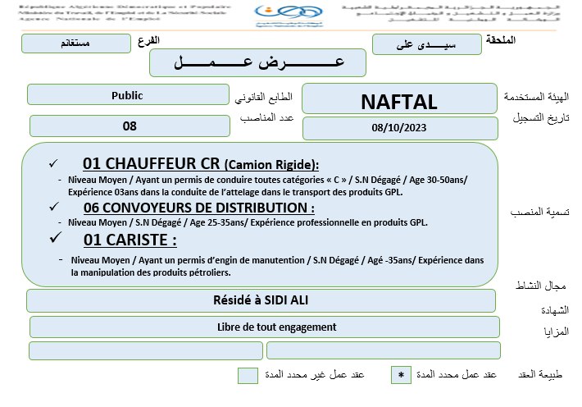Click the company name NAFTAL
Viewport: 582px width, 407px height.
click(399, 101)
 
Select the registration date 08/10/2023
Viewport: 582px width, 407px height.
click(399, 128)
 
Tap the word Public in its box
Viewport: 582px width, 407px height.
click(127, 95)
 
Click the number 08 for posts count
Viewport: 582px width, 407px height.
click(129, 126)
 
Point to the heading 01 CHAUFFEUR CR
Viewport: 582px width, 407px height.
click(201, 163)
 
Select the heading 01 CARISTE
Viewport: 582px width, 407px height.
click(130, 240)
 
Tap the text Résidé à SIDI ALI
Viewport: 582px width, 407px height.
click(261, 300)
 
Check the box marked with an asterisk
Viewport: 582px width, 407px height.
click(401, 375)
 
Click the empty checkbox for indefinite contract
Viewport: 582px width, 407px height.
click(248, 376)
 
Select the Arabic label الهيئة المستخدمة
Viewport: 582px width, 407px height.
click(536, 98)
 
